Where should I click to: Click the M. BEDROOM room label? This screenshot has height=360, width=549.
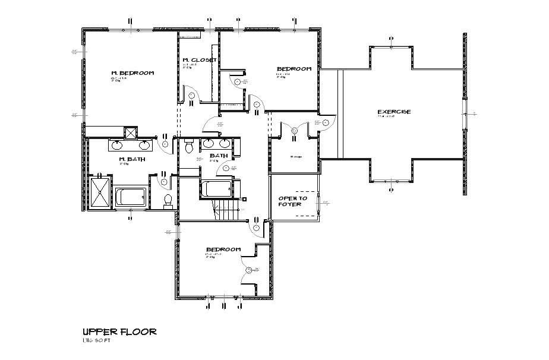[x=132, y=73]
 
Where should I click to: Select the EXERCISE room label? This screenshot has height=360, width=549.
[x=394, y=112]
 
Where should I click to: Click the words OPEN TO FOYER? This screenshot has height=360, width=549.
[x=293, y=201]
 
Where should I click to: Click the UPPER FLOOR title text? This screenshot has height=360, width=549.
[x=119, y=331]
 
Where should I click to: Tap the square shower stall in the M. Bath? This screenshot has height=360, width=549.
[x=99, y=192]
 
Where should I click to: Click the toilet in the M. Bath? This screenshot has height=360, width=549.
[x=168, y=200]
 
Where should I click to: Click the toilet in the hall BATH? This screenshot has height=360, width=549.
[x=190, y=145]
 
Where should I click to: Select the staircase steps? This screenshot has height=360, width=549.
[x=226, y=209]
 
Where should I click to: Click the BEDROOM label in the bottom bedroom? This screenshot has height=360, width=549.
[x=223, y=249]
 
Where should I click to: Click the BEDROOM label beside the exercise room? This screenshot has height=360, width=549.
[x=294, y=69]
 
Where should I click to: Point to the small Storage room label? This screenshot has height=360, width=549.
[x=295, y=157]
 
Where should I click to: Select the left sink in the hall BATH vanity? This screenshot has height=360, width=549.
[x=209, y=143]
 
